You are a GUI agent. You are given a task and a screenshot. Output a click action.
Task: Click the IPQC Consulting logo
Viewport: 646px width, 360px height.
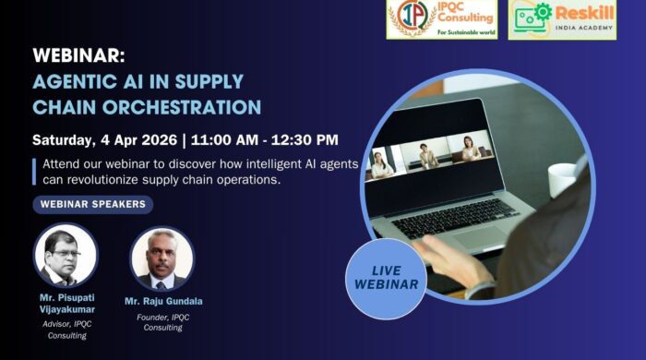tap(441, 19)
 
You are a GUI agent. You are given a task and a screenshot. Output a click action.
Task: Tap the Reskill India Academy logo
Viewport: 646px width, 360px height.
tap(561, 19)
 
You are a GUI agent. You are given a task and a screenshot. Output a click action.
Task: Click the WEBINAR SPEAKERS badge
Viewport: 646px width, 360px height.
tap(92, 205)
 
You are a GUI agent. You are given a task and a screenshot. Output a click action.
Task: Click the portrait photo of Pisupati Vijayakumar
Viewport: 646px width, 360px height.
tap(66, 256)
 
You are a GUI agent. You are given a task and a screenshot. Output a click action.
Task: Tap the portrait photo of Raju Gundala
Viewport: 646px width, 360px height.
tap(161, 258)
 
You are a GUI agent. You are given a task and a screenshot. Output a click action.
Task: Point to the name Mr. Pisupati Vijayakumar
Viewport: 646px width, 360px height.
tap(66, 303)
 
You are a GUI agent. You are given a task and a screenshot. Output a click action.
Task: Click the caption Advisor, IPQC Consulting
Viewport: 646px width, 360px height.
tap(66, 329)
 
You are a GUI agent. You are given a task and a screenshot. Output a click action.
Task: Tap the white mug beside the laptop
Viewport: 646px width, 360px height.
tap(562, 179)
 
